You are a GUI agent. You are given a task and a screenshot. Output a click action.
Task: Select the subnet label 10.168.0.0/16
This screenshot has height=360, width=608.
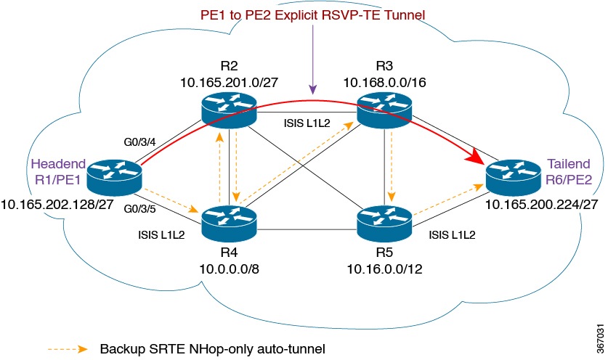click(384, 84)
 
